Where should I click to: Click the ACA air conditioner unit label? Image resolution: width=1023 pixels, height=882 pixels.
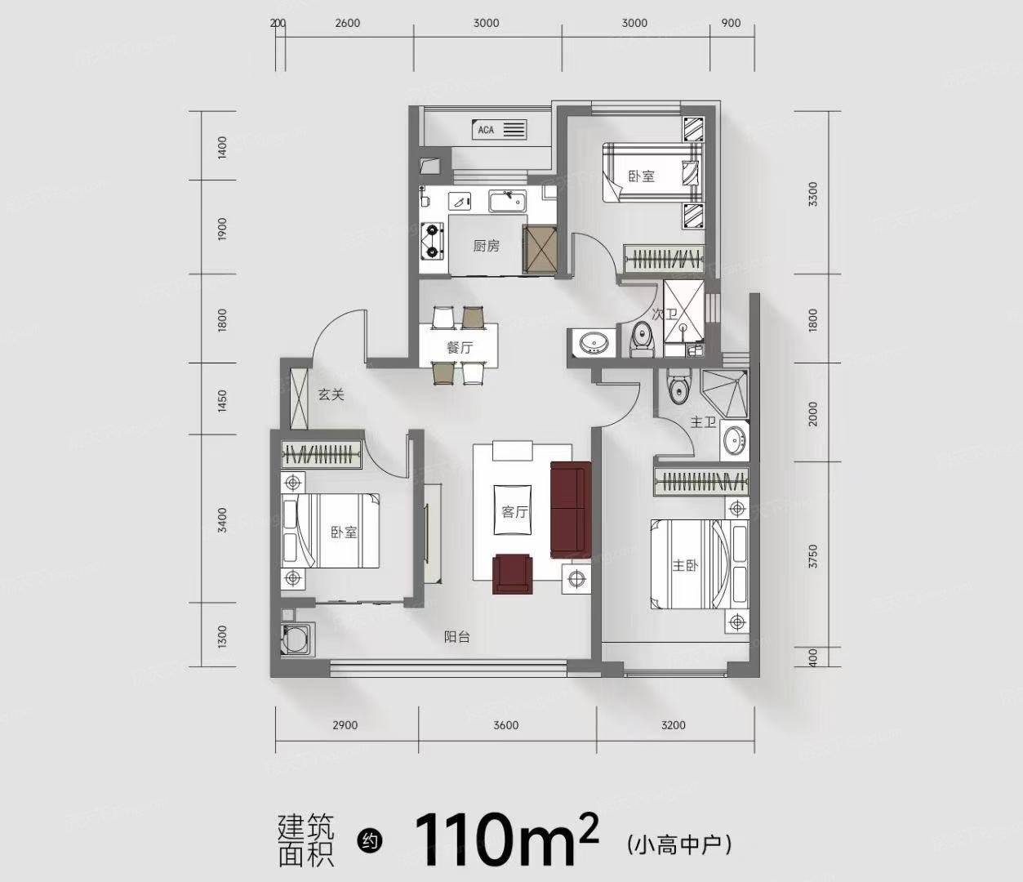pos(486,130)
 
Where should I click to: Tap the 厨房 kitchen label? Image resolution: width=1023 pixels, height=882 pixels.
pos(486,246)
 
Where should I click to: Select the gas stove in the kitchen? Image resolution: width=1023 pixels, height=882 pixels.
pos(432,241)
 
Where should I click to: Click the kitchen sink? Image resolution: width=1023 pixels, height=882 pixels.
pos(507,202)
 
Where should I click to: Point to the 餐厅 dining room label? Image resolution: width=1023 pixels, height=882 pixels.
pos(460,347)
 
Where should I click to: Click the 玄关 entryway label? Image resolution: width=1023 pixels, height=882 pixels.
pos(331,394)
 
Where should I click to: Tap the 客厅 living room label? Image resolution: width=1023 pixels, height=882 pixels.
pos(514,511)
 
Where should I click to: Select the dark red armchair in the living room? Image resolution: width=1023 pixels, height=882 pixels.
pos(513,573)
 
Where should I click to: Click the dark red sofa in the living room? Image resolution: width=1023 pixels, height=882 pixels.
pos(571,510)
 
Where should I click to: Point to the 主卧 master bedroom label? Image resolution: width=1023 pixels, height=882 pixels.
pos(685,565)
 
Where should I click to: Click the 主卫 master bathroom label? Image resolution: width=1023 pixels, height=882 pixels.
pos(703,422)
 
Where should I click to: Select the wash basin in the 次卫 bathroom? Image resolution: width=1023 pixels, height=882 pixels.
pos(594,342)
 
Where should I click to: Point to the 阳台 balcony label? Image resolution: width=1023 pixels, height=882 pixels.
pos(456,637)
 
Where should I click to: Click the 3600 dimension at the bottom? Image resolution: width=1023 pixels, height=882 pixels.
pos(506,725)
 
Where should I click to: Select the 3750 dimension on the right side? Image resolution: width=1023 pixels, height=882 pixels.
pos(812,556)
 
